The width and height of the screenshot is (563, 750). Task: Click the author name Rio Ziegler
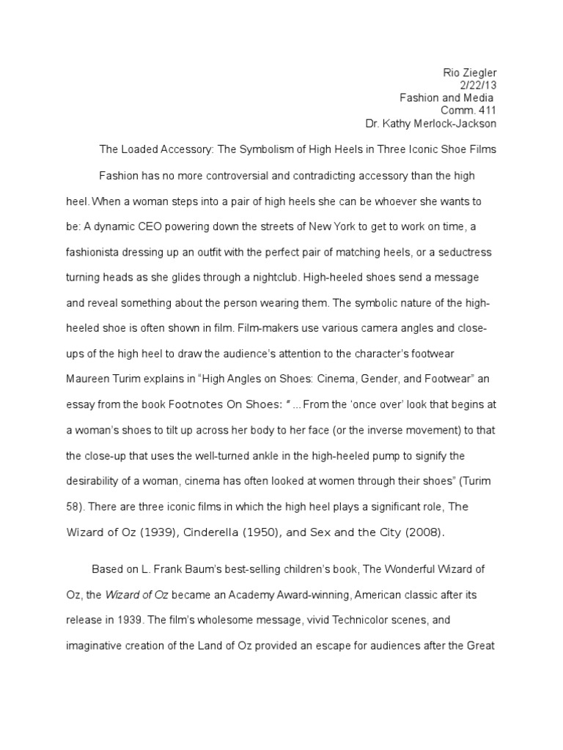(470, 73)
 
